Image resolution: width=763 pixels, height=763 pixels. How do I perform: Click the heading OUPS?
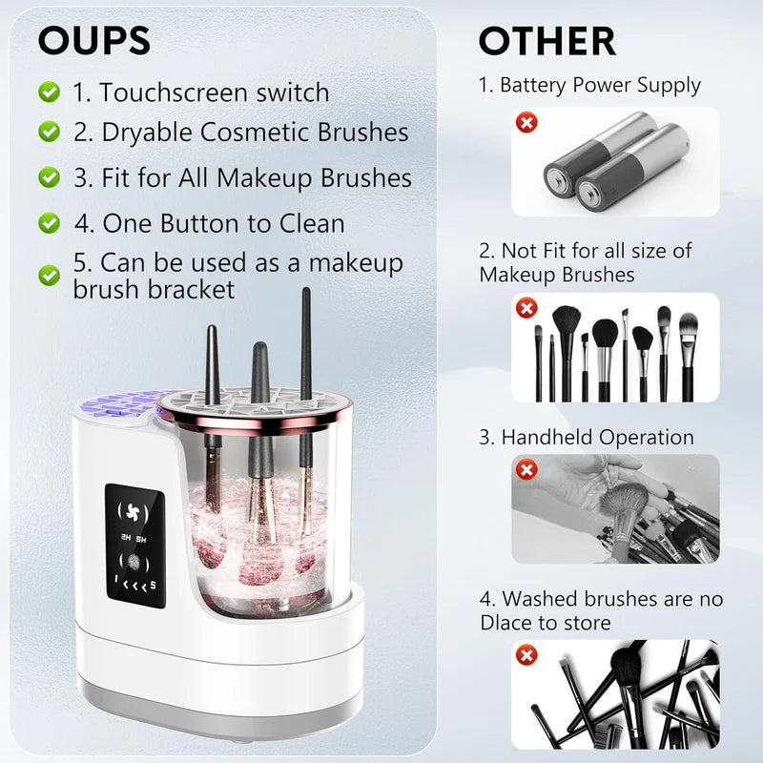(93, 40)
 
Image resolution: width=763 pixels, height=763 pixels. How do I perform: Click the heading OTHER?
(546, 41)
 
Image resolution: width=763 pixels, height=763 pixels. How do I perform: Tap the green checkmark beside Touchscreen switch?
(49, 93)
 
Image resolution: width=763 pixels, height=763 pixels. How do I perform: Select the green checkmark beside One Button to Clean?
(49, 223)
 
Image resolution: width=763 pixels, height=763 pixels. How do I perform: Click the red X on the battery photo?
(525, 122)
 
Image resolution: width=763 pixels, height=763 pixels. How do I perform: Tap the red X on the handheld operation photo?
(525, 469)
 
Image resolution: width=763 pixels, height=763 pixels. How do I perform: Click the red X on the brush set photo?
(525, 308)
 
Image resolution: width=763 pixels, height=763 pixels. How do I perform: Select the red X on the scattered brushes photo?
(525, 654)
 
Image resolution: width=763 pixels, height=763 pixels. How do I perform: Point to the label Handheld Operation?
(586, 438)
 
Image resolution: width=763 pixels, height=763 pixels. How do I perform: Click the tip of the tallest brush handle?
(306, 292)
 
